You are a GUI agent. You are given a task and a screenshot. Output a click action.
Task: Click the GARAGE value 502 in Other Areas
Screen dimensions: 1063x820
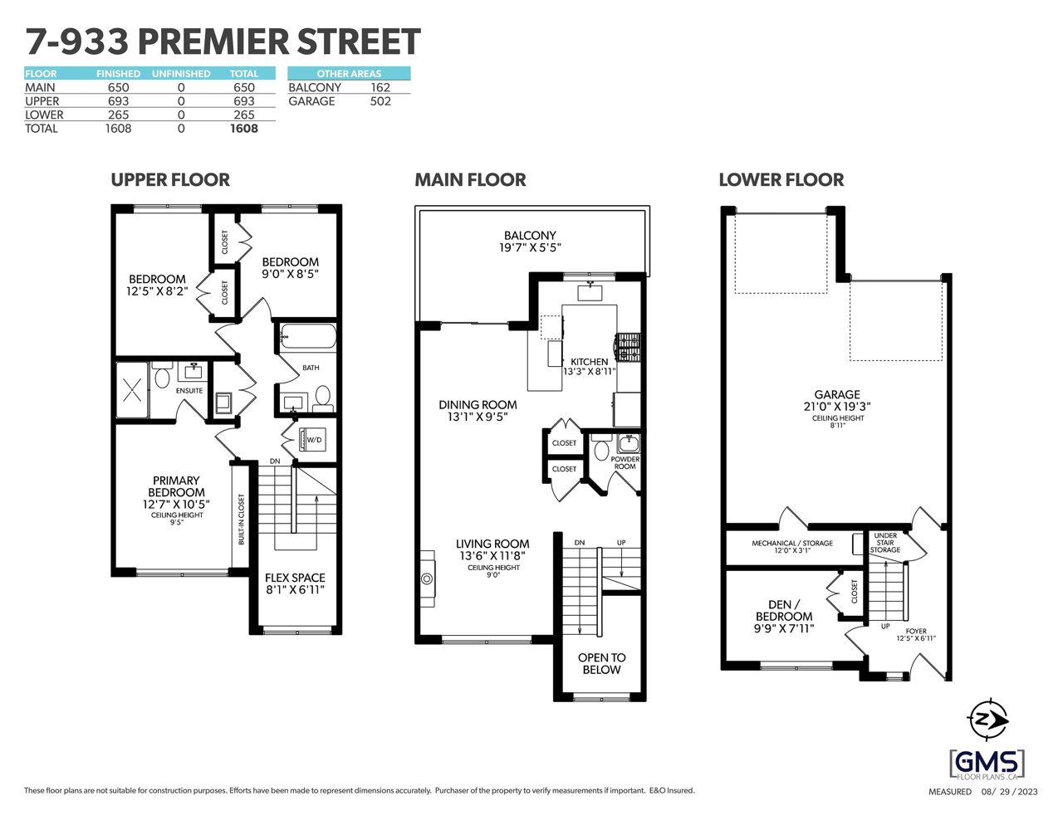click(x=380, y=101)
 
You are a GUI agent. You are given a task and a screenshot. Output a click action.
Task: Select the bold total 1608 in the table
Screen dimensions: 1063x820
click(x=244, y=129)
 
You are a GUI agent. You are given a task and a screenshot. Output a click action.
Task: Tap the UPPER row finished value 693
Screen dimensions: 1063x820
click(x=119, y=101)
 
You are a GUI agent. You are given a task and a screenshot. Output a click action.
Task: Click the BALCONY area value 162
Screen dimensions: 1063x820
click(x=380, y=87)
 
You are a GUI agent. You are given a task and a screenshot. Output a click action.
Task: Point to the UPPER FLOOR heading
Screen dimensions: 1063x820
click(x=170, y=180)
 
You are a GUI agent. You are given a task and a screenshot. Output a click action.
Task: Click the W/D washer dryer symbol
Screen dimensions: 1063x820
click(x=311, y=440)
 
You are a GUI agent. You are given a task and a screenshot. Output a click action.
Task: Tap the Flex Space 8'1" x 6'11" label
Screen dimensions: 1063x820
click(x=295, y=583)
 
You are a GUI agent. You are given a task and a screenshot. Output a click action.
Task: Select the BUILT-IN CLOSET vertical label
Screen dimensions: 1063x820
click(x=241, y=519)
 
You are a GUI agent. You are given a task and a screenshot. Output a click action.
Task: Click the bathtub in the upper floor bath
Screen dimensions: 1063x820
click(x=307, y=336)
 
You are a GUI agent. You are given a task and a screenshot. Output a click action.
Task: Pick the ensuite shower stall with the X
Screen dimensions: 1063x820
click(x=132, y=390)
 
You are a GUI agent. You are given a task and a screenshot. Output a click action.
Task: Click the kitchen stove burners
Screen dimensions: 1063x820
click(x=629, y=347)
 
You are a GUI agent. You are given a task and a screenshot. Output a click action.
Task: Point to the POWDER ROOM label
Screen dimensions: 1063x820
click(x=625, y=463)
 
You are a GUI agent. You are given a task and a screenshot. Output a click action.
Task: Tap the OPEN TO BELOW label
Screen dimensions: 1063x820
click(x=601, y=664)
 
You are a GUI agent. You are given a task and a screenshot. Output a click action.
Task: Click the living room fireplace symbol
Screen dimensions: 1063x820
click(x=427, y=578)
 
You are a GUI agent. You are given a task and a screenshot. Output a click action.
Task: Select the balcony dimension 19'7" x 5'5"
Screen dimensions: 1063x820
click(x=530, y=247)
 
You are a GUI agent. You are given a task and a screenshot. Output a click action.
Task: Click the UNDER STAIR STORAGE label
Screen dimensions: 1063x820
click(x=885, y=543)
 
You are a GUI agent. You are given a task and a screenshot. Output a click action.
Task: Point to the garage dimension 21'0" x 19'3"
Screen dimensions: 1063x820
click(x=837, y=406)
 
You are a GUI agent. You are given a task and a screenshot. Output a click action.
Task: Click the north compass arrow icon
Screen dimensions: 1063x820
click(x=987, y=720)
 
